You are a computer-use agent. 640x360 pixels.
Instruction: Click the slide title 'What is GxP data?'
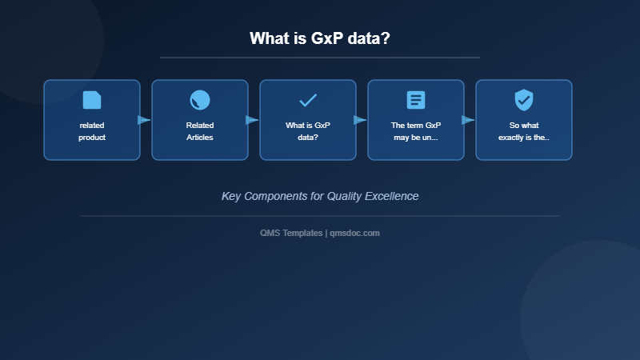tap(320, 38)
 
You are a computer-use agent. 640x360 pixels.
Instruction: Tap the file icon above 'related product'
tap(92, 100)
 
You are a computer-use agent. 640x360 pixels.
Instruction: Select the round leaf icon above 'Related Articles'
tap(200, 100)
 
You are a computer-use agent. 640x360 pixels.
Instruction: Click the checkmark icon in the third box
tap(308, 100)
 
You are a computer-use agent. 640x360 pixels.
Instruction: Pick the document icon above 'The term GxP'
tap(416, 100)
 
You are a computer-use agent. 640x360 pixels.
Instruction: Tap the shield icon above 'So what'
tap(524, 100)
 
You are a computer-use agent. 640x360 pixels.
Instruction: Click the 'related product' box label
tap(92, 131)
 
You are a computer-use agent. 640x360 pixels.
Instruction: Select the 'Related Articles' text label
tap(200, 131)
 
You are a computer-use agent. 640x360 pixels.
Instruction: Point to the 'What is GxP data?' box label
tap(308, 131)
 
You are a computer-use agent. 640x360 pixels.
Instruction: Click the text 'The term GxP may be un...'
tap(416, 131)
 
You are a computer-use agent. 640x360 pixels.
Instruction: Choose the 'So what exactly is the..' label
tap(524, 131)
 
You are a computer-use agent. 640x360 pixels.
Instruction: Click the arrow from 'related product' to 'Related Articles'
tap(144, 120)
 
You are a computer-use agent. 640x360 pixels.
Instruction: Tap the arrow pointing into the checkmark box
tap(252, 120)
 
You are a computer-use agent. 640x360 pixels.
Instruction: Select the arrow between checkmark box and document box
tap(360, 120)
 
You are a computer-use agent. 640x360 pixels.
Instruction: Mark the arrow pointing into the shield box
tap(468, 120)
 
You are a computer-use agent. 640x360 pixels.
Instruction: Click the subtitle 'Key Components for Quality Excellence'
tap(320, 196)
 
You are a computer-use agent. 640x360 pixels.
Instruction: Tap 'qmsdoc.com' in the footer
tap(354, 233)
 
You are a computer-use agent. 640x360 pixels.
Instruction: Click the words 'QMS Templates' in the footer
tap(291, 233)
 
